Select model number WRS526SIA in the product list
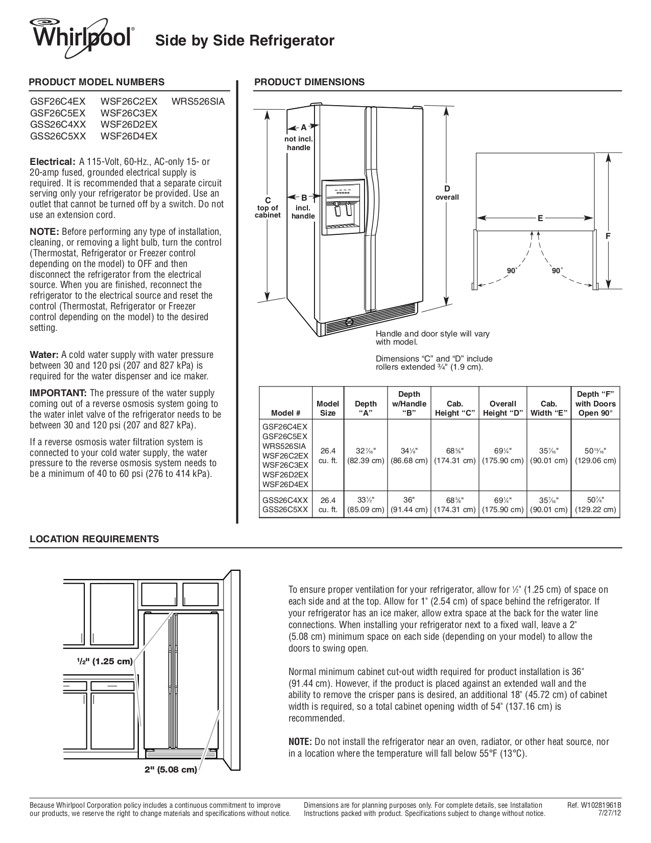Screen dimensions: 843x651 coord(198,102)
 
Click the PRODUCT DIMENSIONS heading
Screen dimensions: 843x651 coord(309,82)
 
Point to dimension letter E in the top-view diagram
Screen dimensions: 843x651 coord(540,218)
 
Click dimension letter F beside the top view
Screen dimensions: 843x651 coord(608,236)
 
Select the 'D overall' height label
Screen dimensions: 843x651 coord(447,193)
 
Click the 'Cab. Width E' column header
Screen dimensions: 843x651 coord(549,408)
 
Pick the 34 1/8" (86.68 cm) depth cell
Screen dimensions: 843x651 coord(409,455)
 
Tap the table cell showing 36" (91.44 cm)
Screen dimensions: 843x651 coord(409,504)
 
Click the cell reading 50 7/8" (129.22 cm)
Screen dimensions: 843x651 coord(595,504)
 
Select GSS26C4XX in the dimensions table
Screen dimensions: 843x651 coord(285,500)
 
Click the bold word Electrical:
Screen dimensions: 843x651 coord(53,162)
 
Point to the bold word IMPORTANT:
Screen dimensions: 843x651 coord(58,393)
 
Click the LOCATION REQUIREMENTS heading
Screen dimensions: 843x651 coord(94,539)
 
